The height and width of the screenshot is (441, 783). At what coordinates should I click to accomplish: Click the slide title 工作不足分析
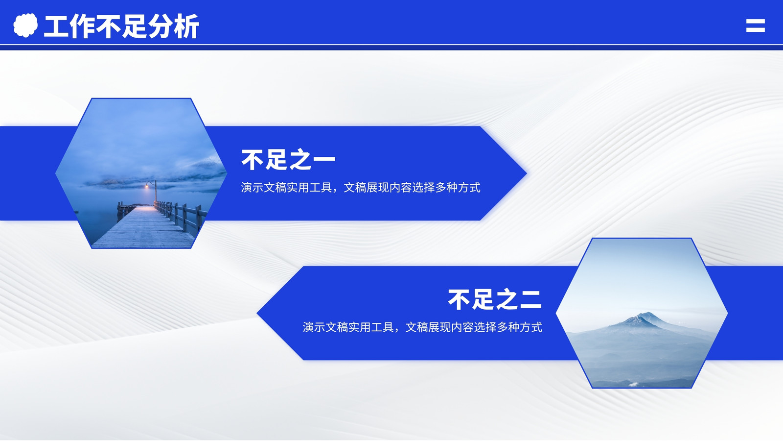[121, 26]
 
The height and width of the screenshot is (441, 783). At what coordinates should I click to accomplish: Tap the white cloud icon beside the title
[25, 25]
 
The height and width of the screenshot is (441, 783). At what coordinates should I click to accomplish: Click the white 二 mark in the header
[756, 25]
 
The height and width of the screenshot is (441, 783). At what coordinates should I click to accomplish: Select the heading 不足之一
[288, 160]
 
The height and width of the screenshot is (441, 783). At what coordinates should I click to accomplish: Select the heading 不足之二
[495, 299]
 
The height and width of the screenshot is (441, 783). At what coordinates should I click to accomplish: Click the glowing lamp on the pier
[147, 186]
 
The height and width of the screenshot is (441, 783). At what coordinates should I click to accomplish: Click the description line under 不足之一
[361, 188]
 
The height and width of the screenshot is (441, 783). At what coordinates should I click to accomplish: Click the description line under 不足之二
[422, 327]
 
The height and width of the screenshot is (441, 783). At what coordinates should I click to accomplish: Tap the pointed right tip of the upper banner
[527, 173]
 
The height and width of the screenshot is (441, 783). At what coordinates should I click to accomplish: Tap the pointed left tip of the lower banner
[257, 313]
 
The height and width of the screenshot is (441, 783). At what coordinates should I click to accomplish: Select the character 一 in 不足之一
[324, 160]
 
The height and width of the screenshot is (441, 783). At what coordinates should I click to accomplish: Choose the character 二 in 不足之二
[530, 300]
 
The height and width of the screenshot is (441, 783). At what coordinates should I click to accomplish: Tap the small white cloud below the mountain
[633, 384]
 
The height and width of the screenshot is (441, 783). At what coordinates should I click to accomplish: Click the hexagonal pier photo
[141, 173]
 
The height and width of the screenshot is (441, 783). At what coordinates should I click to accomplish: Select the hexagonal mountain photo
[642, 313]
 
